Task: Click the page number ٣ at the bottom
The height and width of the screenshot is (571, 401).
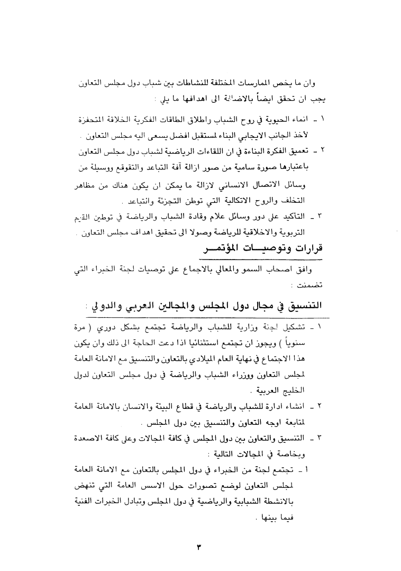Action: pyautogui.click(x=199, y=547)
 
